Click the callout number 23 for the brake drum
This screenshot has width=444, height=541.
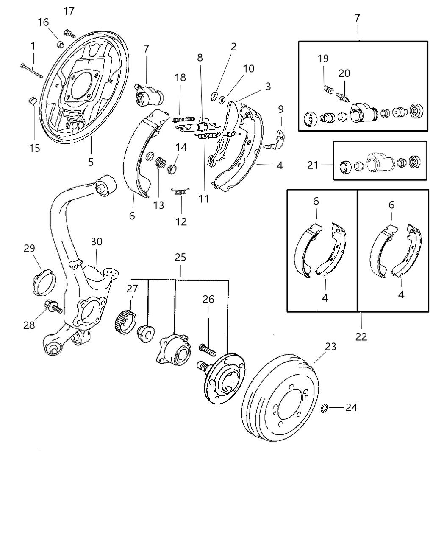(x=330, y=346)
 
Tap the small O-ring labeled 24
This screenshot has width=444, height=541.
(x=324, y=408)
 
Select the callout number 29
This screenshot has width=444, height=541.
(x=29, y=248)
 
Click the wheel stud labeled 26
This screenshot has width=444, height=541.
(x=207, y=350)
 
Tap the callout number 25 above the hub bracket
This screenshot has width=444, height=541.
(x=180, y=258)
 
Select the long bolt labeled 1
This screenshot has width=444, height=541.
(x=31, y=71)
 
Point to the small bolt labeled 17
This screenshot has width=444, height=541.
(x=69, y=33)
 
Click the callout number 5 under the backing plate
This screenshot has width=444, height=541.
(x=91, y=162)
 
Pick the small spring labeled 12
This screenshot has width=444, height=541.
(x=181, y=192)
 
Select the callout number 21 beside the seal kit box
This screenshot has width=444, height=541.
(x=313, y=165)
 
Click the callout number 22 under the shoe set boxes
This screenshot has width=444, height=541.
(x=361, y=337)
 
